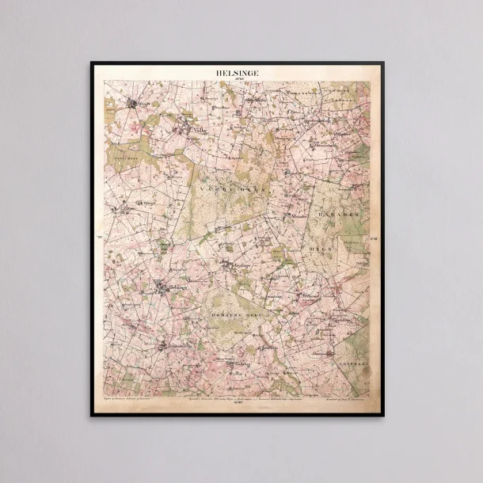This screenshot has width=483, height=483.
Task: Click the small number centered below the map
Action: point(237,406)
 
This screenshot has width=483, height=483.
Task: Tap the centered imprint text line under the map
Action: point(237,401)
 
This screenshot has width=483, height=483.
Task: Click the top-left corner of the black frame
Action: point(91,63)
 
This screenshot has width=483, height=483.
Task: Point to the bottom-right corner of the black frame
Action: point(383,414)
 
